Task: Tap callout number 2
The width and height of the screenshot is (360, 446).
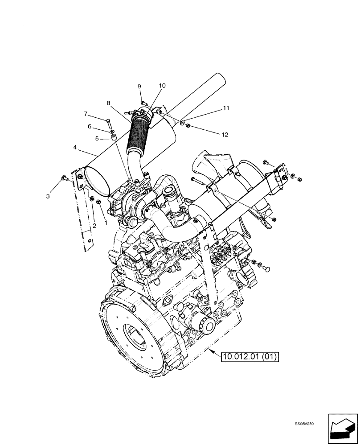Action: click(94, 226)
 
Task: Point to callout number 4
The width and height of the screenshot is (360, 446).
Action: click(75, 147)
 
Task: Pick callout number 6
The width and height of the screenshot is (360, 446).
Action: click(90, 127)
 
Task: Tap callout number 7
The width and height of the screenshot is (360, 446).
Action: click(86, 114)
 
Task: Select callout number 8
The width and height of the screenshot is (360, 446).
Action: click(108, 103)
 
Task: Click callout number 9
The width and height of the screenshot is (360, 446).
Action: click(139, 86)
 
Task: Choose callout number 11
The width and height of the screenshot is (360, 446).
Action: click(226, 108)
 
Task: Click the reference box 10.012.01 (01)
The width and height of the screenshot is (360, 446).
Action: click(250, 356)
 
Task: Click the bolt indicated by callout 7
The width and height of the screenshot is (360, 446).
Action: click(108, 121)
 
